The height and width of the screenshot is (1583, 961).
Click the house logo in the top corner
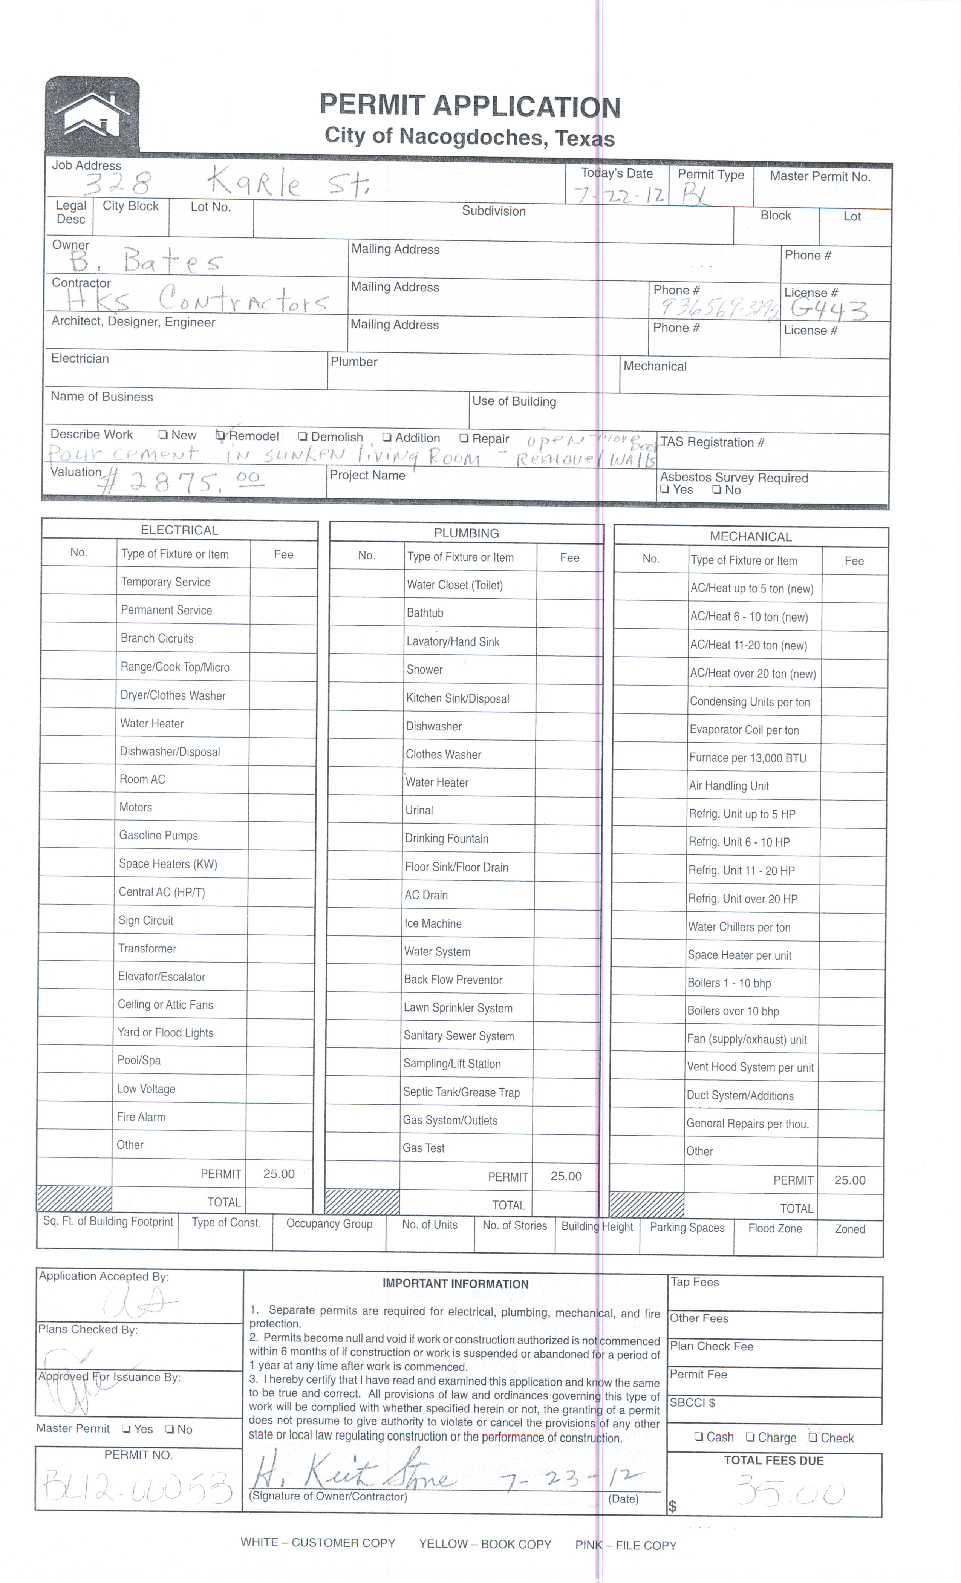[x=92, y=114]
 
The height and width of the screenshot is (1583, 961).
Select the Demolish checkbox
[x=303, y=437]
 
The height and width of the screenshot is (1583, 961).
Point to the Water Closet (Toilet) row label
[x=454, y=585]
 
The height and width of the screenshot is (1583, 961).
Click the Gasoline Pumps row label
[x=158, y=835]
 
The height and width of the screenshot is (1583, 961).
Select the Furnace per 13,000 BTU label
[x=747, y=758]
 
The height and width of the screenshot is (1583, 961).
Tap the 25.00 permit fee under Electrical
[x=279, y=1174]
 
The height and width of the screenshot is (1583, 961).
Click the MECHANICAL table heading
[x=750, y=536]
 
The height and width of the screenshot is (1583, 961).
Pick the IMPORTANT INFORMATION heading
[x=456, y=1284]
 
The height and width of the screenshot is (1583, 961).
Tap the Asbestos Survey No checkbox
[x=716, y=490]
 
